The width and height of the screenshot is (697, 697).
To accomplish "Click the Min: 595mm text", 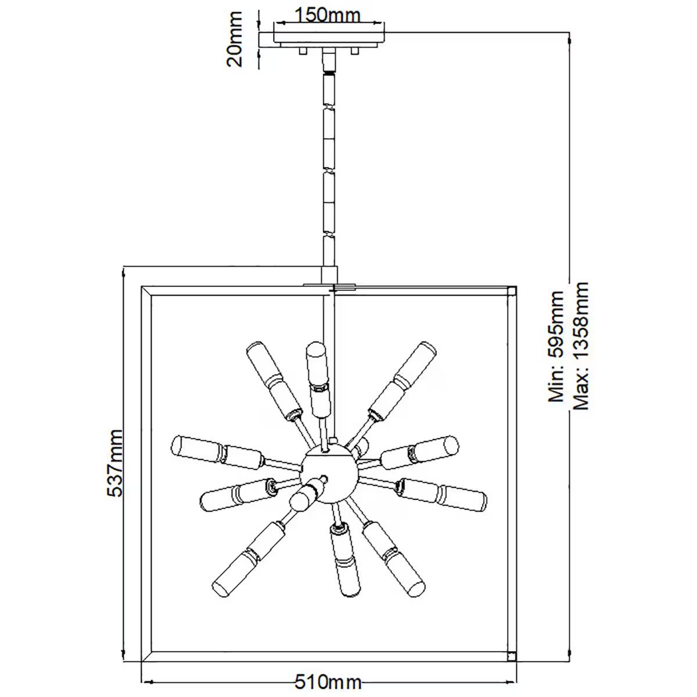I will [x=556, y=347].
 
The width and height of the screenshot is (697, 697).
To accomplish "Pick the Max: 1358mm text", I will [x=580, y=346].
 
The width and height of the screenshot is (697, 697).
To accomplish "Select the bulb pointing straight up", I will [x=317, y=357].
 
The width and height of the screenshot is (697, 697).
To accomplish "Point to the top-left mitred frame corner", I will [x=147, y=290].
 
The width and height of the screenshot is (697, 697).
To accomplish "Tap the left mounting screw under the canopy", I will [x=303, y=52].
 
